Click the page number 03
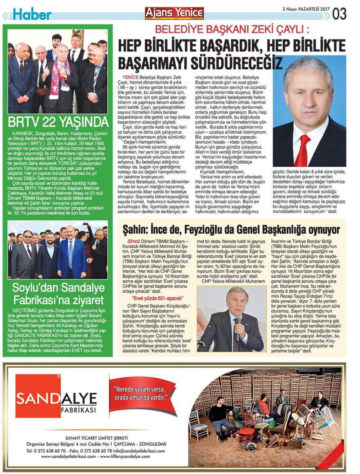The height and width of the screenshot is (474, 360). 339,14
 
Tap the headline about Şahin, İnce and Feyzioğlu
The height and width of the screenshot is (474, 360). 231,230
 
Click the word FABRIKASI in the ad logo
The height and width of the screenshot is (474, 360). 78,411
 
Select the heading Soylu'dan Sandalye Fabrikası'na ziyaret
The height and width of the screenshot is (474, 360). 58,293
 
